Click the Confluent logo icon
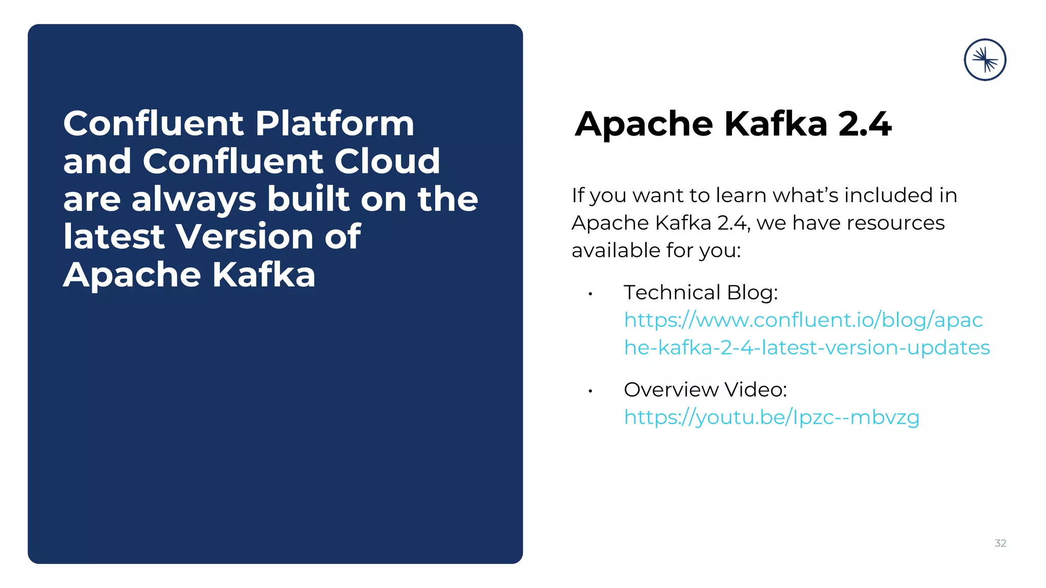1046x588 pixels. pyautogui.click(x=985, y=60)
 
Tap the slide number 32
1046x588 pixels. pyautogui.click(x=1000, y=543)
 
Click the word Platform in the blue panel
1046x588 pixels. pyautogui.click(x=335, y=124)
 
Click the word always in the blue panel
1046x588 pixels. pyautogui.click(x=194, y=199)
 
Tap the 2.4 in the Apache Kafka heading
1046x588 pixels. pyautogui.click(x=865, y=124)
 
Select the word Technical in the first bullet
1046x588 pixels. pyautogui.click(x=672, y=292)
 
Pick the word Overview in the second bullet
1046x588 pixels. pyautogui.click(x=671, y=389)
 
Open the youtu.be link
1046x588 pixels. pyautogui.click(x=771, y=418)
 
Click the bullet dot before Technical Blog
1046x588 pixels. pyautogui.click(x=590, y=294)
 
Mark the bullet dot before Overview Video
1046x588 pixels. pyautogui.click(x=590, y=391)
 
